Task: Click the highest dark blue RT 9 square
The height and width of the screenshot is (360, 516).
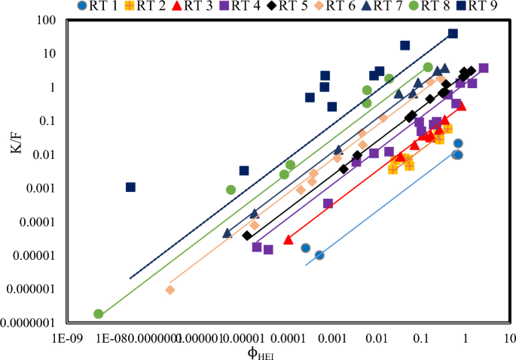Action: pyautogui.click(x=453, y=33)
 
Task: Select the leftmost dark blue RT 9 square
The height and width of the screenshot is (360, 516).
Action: pyautogui.click(x=130, y=187)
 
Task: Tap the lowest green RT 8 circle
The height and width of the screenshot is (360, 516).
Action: pyautogui.click(x=98, y=313)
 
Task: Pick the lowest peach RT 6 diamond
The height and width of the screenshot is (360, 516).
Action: pyautogui.click(x=170, y=290)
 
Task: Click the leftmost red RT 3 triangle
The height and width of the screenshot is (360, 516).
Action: pyautogui.click(x=288, y=239)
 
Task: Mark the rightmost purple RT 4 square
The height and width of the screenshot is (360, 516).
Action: pyautogui.click(x=484, y=68)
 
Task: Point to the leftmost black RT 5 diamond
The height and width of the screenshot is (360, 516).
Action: pyautogui.click(x=247, y=236)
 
